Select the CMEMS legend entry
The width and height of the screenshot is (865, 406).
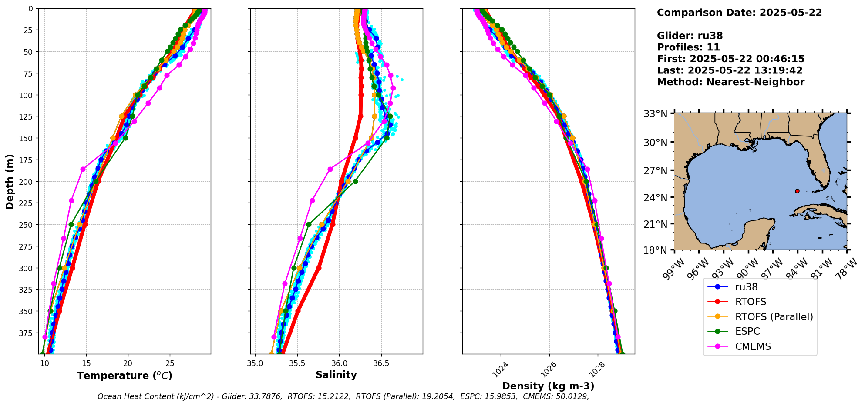[x=753, y=346]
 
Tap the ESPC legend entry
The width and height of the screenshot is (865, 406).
[x=747, y=331]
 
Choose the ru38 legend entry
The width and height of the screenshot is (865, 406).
[x=746, y=287]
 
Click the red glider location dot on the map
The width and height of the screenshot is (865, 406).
[x=797, y=191]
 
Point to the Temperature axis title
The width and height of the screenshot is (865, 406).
[x=125, y=376]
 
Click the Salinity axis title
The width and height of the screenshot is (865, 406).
[x=336, y=375]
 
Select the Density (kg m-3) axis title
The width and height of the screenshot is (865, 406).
[x=548, y=386]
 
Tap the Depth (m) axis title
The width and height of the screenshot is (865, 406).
[x=10, y=181]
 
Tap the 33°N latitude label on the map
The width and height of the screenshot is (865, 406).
[x=656, y=114]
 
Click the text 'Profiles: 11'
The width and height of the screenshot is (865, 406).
[x=688, y=47]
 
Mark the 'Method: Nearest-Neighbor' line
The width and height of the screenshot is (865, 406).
[x=730, y=82]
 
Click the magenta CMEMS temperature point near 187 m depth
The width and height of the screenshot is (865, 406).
[x=83, y=169]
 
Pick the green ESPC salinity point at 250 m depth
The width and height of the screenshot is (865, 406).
[x=309, y=225]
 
